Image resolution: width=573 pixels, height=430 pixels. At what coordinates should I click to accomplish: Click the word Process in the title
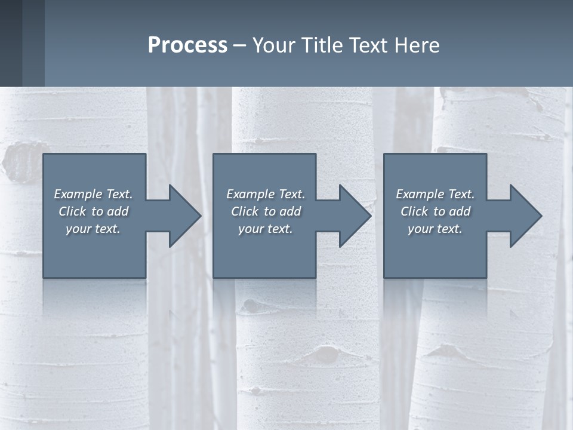[x=187, y=45]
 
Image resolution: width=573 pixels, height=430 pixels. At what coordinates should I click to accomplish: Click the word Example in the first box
[x=78, y=194]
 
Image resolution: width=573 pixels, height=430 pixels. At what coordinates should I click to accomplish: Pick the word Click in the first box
[x=72, y=211]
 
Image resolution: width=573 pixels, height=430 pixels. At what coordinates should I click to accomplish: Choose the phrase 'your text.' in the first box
[x=93, y=229]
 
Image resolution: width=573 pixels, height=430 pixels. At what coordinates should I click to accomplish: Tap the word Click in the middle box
[x=244, y=211]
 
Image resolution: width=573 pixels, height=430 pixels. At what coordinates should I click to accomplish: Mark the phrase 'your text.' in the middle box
[x=265, y=229]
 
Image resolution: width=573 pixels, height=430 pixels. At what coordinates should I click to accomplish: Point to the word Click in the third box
[x=414, y=211]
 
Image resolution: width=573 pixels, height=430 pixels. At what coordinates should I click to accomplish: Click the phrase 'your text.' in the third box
[x=435, y=229]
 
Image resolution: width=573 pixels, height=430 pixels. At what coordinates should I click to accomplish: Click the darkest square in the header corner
[x=11, y=43]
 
